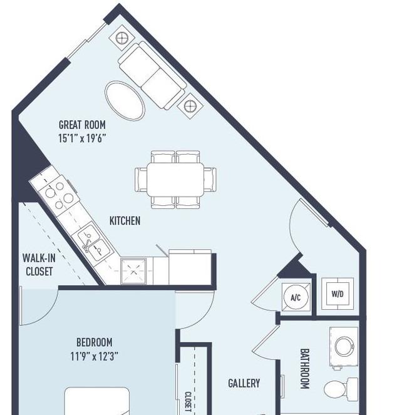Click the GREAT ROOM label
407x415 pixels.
click(x=82, y=125)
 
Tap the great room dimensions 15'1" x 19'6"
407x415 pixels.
click(x=82, y=138)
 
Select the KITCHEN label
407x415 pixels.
click(x=125, y=220)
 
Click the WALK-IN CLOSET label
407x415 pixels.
click(x=38, y=264)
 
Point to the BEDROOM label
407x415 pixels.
click(x=94, y=342)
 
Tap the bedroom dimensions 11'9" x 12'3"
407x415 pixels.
click(x=94, y=356)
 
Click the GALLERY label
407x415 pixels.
click(x=244, y=383)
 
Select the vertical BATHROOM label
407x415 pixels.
click(x=305, y=369)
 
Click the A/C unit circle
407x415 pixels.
click(x=296, y=297)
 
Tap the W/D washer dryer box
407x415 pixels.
click(x=337, y=293)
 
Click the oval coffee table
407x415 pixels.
click(x=125, y=100)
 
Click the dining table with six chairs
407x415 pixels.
click(x=175, y=179)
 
